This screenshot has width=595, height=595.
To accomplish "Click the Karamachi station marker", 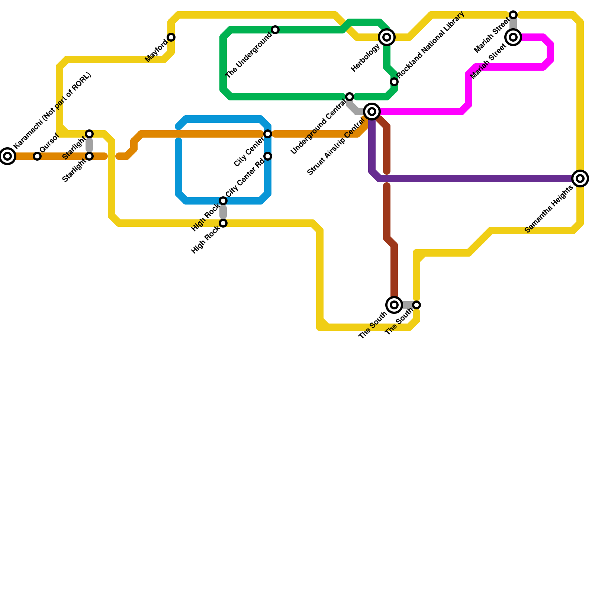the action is tap(7, 156).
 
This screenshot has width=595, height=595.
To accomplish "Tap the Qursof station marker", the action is tap(37, 156).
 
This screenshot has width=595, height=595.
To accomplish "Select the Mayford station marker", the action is tap(171, 37).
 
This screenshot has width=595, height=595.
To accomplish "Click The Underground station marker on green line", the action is tap(275, 30).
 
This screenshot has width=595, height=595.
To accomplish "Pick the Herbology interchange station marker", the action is tap(387, 37).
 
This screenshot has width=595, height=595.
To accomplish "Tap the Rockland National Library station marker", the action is tap(394, 82).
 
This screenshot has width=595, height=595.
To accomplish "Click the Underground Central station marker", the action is tap(350, 97).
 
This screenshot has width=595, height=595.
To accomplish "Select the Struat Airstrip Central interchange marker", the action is tap(372, 112).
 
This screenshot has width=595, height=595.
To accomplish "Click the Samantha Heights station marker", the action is tap(580, 178).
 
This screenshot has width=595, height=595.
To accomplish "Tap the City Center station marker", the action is tap(268, 134).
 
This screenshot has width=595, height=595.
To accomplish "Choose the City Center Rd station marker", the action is tap(268, 156).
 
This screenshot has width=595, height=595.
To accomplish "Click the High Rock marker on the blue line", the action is tap(223, 201).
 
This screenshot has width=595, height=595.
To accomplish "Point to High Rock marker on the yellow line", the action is tap(223, 223).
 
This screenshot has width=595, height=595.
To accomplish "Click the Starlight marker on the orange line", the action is tap(89, 156).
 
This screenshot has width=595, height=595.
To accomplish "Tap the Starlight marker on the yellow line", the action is tap(89, 134).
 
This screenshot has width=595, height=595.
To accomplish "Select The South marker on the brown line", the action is tap(394, 305).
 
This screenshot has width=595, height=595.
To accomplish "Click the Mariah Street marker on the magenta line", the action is tap(513, 37).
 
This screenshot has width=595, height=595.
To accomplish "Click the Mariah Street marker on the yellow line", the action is tap(513, 15).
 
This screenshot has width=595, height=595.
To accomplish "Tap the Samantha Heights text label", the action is tap(549, 210).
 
